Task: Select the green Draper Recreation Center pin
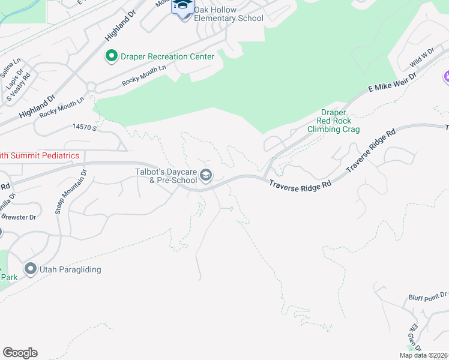tap(111, 56)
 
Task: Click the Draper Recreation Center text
tap(167, 56)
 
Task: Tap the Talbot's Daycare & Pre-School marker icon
tap(206, 175)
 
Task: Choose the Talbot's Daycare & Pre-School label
tap(166, 175)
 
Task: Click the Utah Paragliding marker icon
tap(31, 269)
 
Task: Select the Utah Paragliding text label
tap(70, 270)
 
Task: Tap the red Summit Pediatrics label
tap(40, 155)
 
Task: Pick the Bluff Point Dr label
tap(427, 296)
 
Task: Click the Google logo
tap(20, 352)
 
